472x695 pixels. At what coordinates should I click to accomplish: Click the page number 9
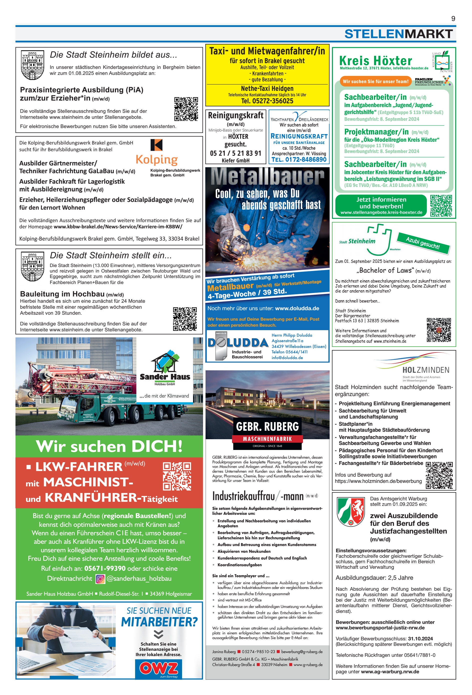[x=453, y=18]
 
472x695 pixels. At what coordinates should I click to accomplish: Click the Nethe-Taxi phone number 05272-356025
[x=267, y=101]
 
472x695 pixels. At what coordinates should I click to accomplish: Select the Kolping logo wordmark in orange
[x=157, y=160]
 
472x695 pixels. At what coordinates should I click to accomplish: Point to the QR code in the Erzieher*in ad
[x=186, y=109]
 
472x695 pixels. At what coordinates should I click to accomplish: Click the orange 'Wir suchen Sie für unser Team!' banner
[x=375, y=81]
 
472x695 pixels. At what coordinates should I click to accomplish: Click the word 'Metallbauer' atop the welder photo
[x=267, y=177]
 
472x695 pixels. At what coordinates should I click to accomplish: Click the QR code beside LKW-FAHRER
[x=177, y=476]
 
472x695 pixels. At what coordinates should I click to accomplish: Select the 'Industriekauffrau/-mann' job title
[x=258, y=496]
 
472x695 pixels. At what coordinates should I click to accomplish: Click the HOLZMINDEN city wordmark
[x=425, y=370]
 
